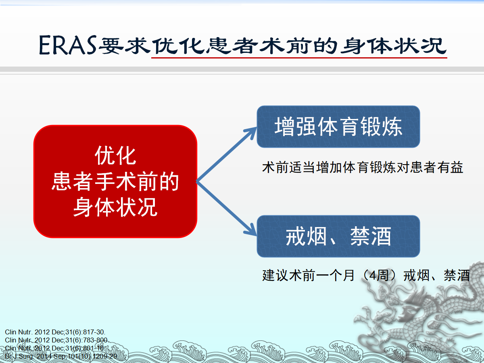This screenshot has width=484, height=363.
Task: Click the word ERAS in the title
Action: (68, 45)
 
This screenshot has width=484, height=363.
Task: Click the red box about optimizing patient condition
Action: (115, 181)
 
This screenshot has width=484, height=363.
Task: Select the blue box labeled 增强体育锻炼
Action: (338, 127)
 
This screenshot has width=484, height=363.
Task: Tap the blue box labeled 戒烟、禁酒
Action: (338, 236)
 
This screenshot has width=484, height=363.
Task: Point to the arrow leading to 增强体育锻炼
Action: (226, 154)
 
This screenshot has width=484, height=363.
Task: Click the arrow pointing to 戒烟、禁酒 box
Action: (226, 209)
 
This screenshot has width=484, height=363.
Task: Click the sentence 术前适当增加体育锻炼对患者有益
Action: (363, 167)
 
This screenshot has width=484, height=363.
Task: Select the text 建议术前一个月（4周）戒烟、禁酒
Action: (366, 275)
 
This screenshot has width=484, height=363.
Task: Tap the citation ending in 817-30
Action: (55, 332)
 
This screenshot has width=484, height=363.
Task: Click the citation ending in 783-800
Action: (57, 340)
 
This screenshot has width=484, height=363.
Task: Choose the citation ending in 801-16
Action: (55, 348)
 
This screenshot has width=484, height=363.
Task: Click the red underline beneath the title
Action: (299, 58)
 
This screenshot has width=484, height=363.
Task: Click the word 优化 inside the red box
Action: (115, 155)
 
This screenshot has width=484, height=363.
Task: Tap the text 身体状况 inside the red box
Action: (115, 207)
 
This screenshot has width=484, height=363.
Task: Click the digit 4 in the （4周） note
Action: (372, 275)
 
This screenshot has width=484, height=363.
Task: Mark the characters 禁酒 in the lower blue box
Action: (371, 236)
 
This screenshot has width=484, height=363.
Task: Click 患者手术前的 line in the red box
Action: (115, 181)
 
